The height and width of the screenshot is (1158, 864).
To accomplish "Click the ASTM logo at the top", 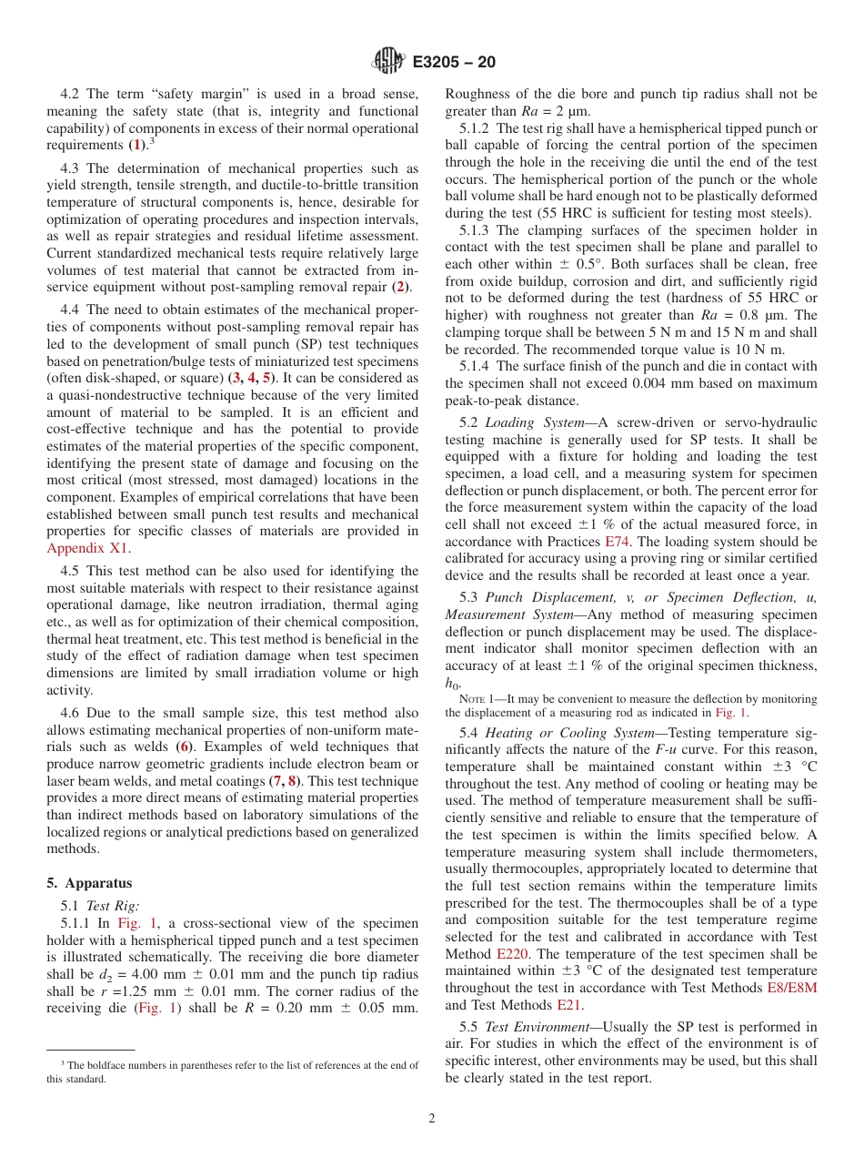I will (388, 62).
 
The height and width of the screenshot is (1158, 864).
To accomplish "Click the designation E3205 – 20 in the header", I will (454, 63).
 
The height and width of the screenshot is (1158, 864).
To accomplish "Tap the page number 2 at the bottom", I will (432, 1118).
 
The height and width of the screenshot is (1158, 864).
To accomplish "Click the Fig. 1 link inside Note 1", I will (732, 713).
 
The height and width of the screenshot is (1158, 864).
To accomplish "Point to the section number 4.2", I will (71, 94).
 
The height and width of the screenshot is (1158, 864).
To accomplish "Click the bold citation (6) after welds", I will (184, 747).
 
